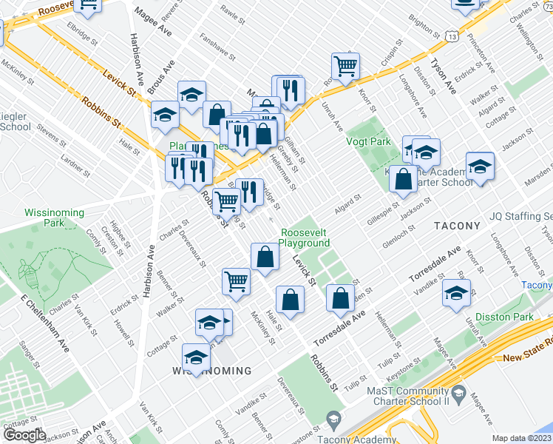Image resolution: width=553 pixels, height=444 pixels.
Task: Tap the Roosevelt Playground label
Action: click(x=305, y=238)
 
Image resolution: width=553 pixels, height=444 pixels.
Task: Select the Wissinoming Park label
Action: click(x=54, y=218)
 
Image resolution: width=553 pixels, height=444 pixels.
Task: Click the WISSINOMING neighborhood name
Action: click(x=211, y=370)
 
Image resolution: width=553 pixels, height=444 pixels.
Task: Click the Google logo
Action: click(x=24, y=435)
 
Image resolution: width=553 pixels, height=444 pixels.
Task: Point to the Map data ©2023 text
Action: click(x=522, y=437)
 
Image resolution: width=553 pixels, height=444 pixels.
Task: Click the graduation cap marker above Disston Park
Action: click(x=455, y=293)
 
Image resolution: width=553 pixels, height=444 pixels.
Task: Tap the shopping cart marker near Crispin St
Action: click(x=345, y=66)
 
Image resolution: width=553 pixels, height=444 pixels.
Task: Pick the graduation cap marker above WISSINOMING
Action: click(x=196, y=357)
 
